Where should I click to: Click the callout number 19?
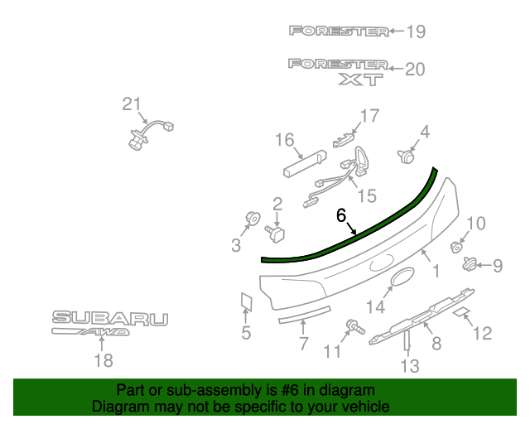416,31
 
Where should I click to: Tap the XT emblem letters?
361,79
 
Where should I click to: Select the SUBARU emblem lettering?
110,319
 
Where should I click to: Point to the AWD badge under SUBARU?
90,332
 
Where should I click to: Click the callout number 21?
131,104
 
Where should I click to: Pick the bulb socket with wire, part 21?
150,134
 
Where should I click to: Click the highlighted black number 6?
341,215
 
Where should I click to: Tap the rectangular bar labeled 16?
305,164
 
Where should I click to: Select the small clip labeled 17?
344,140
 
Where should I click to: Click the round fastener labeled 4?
406,157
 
